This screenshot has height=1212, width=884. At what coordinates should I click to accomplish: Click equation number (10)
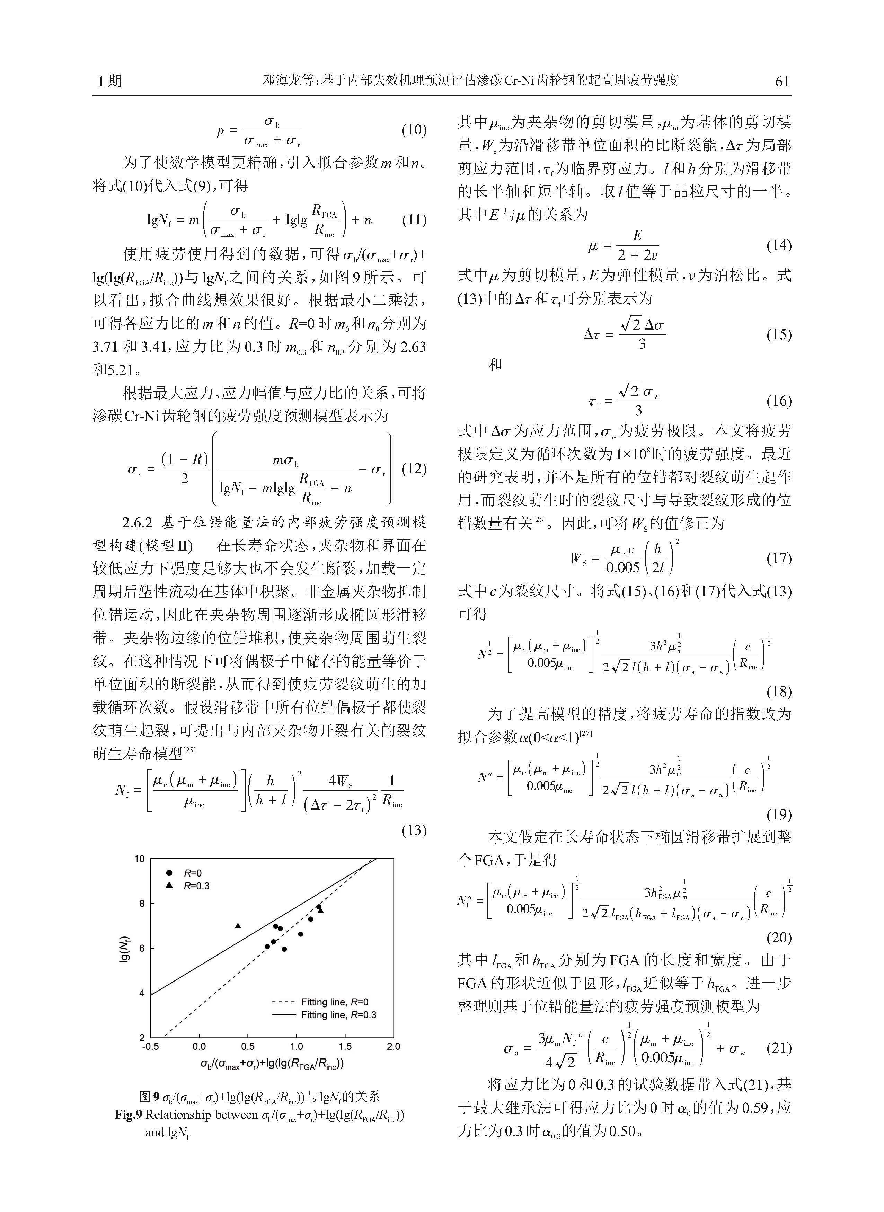414,130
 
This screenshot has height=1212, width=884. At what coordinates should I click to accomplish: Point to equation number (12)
414,469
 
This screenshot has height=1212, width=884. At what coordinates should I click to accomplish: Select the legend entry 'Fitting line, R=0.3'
338,1014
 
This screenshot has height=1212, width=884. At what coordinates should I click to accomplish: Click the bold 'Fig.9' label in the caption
128,1115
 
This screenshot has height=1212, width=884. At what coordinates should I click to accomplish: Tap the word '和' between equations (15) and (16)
495,365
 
